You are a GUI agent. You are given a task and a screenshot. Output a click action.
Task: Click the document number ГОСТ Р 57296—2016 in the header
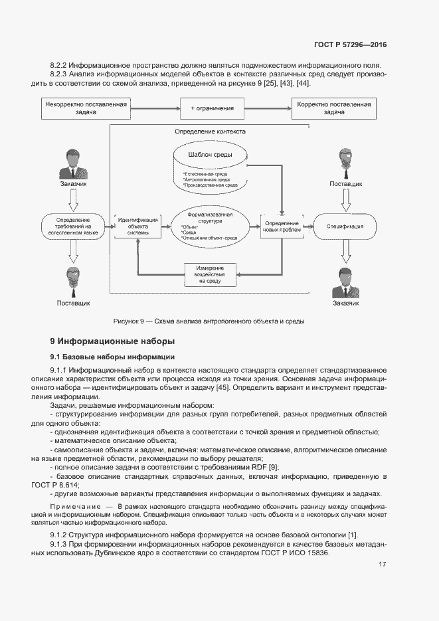click(349, 45)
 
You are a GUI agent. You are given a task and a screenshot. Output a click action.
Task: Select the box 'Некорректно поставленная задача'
click(86, 108)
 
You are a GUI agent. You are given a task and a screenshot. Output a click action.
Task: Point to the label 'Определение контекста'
click(210, 132)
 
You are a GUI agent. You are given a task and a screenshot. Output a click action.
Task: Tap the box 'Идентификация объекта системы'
click(138, 226)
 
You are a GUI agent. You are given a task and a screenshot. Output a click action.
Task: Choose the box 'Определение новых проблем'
click(282, 226)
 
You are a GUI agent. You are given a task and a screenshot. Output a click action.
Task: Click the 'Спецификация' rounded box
click(345, 226)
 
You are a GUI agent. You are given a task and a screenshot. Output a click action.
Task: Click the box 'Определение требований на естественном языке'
click(73, 226)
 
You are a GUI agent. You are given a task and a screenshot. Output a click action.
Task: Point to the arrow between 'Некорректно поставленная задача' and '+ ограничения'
click(155, 108)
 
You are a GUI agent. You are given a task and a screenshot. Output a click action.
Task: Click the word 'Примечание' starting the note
click(71, 506)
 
